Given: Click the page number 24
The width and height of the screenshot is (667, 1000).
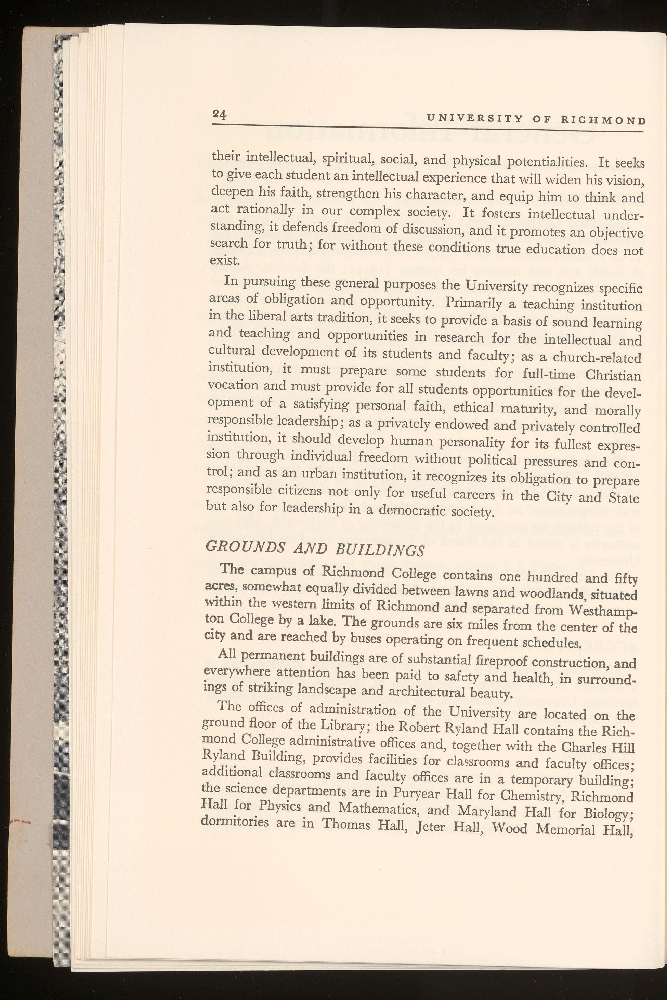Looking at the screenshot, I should click(x=220, y=115).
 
